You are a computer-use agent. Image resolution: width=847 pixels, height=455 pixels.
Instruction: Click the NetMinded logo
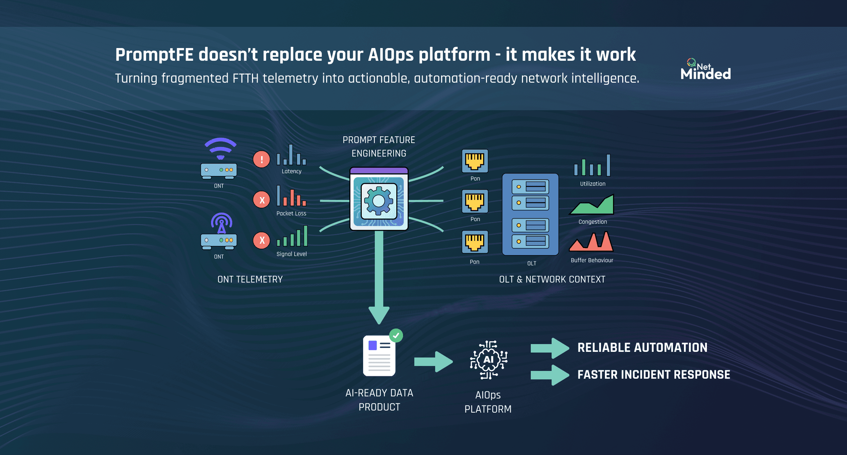coord(705,70)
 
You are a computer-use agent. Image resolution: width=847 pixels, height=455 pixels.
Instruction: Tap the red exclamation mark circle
coord(262,159)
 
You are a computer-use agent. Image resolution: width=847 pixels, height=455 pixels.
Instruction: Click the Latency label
coord(292,171)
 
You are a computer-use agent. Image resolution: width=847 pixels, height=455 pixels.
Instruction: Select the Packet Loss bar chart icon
coord(292,196)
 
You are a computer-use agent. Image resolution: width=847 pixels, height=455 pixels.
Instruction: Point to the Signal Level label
coord(292,254)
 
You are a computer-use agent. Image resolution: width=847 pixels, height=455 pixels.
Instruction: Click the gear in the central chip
coord(379,201)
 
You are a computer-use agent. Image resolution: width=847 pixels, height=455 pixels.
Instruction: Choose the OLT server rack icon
coord(530,214)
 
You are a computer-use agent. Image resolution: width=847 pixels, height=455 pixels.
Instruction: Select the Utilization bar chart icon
coord(592,165)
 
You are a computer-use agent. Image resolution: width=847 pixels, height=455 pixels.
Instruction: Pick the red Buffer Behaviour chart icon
coord(591,242)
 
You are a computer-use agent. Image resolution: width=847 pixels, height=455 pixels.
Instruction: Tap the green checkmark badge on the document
coord(396,336)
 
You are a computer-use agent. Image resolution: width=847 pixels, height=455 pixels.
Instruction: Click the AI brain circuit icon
coord(488,360)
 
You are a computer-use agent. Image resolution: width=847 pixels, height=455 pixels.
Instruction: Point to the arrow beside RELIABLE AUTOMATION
coord(550,348)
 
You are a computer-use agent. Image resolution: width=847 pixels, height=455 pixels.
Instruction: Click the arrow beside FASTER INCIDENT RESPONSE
coord(550,375)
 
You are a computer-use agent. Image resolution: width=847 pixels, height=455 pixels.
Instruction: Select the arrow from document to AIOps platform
coord(433,362)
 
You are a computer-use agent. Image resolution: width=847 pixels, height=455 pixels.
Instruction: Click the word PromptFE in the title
coord(154,55)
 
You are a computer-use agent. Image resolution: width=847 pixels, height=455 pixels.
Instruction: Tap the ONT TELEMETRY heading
coord(250,279)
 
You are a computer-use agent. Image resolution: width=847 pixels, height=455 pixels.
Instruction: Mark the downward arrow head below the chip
coord(379,314)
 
